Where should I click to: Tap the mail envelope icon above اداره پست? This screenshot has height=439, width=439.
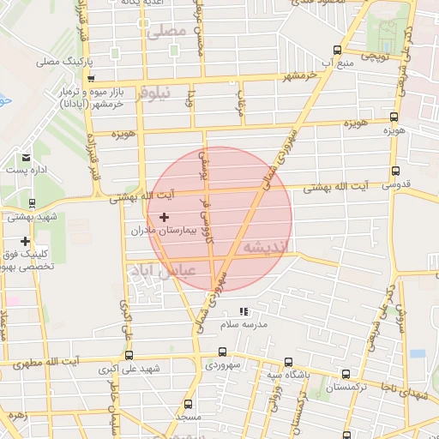[x=27, y=158]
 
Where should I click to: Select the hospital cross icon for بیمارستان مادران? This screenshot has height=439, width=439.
[x=164, y=218]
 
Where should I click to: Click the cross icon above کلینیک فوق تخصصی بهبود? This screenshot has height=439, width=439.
[x=26, y=241]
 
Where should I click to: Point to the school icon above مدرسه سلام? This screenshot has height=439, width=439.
[x=244, y=312]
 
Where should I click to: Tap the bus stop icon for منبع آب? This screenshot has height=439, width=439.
[x=337, y=50]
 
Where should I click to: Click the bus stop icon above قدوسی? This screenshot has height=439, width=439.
[x=394, y=171]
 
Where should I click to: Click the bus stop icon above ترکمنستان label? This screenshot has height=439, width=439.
[x=346, y=374]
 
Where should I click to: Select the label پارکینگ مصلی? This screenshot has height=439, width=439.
[x=63, y=63]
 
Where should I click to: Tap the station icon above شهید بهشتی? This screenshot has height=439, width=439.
[x=33, y=204]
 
